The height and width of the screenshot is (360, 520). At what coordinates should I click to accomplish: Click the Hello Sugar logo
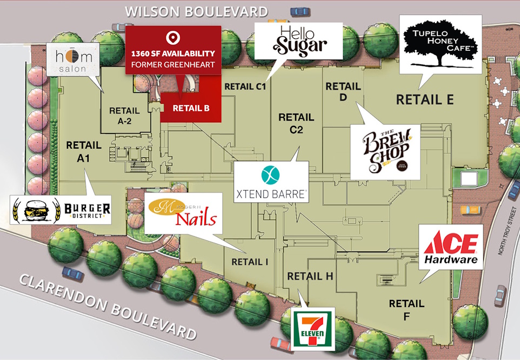[x=299, y=40]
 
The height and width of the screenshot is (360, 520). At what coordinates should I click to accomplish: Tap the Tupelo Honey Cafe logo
[x=439, y=43]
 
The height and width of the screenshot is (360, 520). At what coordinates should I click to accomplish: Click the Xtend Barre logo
[x=271, y=182]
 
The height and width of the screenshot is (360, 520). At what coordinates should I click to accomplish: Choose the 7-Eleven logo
[x=313, y=329]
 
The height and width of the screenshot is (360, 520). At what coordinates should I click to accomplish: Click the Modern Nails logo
[x=183, y=213]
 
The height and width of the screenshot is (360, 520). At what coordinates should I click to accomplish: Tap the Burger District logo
[x=61, y=210]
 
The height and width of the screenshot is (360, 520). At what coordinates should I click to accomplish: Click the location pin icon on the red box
[x=173, y=38]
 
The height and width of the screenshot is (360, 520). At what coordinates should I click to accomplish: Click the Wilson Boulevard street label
[x=196, y=11]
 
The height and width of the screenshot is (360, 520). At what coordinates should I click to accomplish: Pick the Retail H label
[x=310, y=276]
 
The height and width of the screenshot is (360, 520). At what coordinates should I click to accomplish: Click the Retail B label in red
[x=191, y=108]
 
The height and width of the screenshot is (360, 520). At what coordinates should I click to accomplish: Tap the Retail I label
[x=250, y=262]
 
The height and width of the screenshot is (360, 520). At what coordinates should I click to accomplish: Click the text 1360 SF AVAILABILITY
[x=173, y=54]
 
